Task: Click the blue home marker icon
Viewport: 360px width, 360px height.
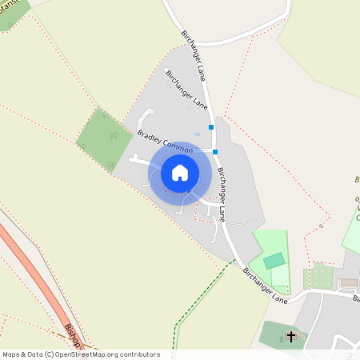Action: coord(180,172)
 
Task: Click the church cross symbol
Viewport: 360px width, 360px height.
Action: coord(292,337)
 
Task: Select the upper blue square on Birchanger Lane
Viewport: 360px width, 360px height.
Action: coord(211,126)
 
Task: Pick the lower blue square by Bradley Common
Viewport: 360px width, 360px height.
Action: coord(215,151)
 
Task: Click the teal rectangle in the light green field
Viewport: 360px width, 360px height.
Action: coord(274,261)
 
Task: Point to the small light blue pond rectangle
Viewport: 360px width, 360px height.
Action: coord(197,133)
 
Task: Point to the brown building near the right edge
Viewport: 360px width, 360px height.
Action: coord(348,283)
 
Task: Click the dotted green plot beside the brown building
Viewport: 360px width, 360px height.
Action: coord(322,277)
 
